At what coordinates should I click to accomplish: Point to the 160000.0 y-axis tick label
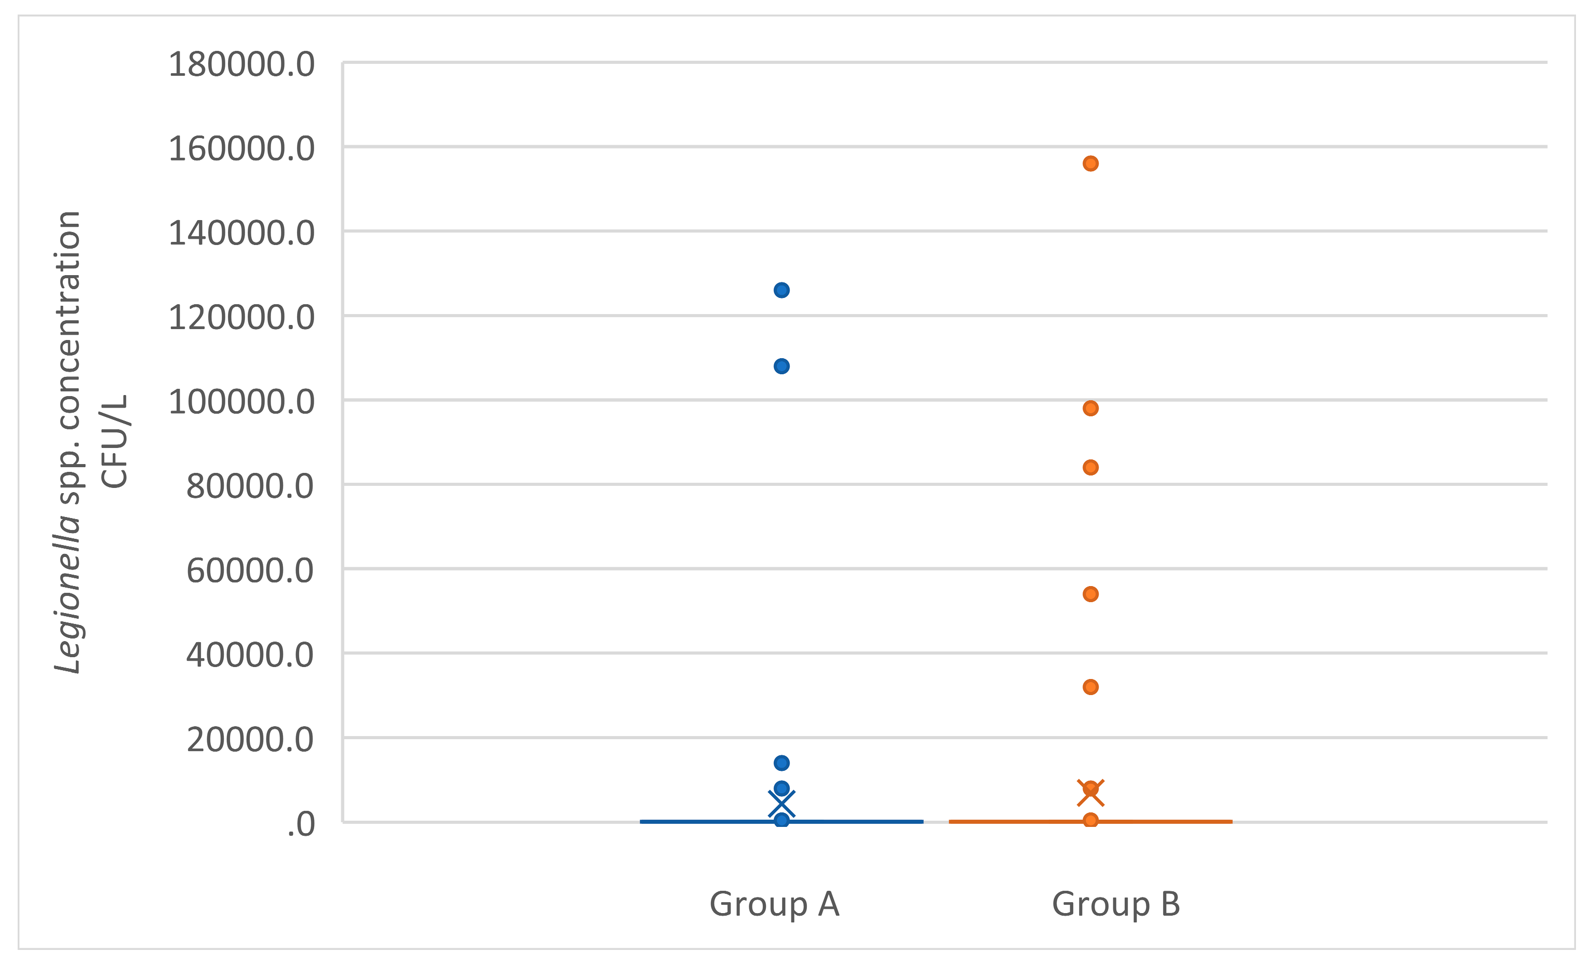tap(241, 149)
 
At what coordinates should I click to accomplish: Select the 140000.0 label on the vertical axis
tap(241, 233)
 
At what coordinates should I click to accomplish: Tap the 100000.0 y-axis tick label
tap(241, 402)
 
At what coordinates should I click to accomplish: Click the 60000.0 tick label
tap(250, 571)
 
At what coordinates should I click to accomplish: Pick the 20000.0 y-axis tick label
tap(250, 740)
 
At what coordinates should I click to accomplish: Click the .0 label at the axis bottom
tap(301, 825)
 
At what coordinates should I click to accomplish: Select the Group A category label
tap(774, 904)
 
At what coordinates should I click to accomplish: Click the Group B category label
tap(1116, 904)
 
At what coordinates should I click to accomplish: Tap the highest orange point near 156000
tap(1090, 164)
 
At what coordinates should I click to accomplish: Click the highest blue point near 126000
tap(781, 290)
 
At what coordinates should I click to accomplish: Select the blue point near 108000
tap(781, 366)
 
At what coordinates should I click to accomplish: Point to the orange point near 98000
tap(1090, 409)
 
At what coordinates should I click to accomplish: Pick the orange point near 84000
tap(1090, 468)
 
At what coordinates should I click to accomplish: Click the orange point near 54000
tap(1090, 594)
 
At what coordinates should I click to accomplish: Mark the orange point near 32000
tap(1090, 687)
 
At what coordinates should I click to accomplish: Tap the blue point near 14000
tap(781, 763)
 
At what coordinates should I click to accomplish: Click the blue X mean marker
tap(781, 805)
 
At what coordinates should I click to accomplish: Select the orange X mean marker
tap(1090, 793)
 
